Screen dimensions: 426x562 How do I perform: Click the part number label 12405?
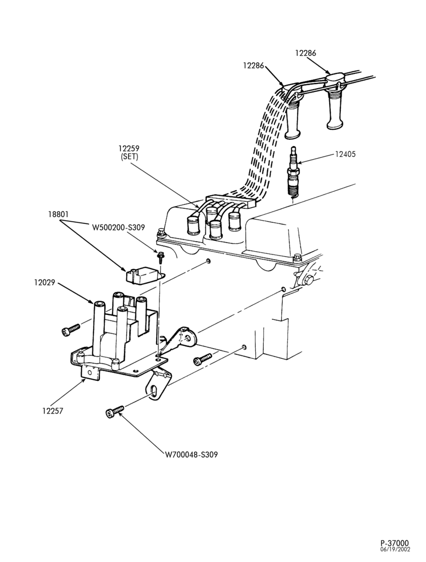click(x=345, y=154)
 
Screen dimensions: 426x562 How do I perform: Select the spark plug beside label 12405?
click(x=293, y=172)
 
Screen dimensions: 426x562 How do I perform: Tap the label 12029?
click(x=45, y=283)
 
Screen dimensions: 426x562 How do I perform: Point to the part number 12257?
click(x=52, y=411)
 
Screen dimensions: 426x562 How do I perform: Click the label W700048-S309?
click(x=191, y=454)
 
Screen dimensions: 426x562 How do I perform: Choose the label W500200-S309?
click(x=118, y=227)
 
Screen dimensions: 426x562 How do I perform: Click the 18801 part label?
click(x=58, y=214)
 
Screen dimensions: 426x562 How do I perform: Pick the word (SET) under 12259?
click(x=129, y=156)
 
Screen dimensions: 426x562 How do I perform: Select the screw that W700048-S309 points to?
click(x=115, y=411)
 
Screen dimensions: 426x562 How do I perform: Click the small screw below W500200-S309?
click(x=159, y=257)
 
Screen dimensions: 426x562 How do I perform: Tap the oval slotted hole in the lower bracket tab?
click(x=154, y=391)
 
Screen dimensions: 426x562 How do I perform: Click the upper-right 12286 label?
click(x=306, y=53)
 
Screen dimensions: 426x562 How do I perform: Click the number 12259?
click(x=129, y=148)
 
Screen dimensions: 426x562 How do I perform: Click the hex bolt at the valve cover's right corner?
click(x=296, y=258)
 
